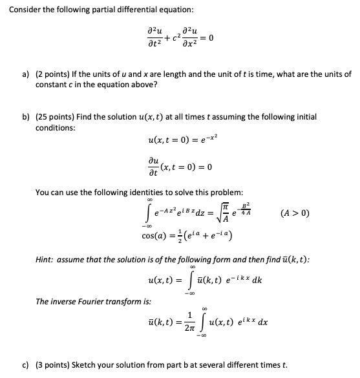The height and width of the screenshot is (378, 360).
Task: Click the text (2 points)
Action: point(56,75)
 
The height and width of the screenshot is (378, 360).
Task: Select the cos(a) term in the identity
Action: point(159,233)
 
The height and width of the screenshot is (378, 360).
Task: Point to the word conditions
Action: point(54,127)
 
